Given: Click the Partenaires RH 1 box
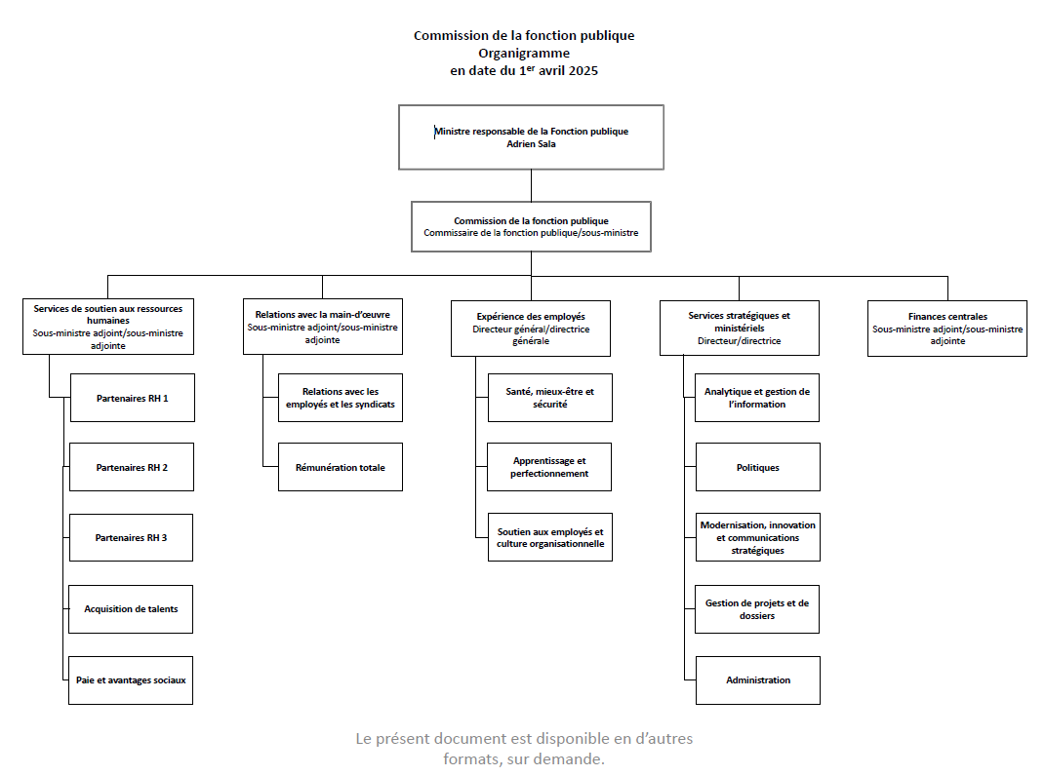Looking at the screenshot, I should [x=132, y=398].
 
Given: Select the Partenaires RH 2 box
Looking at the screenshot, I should [x=132, y=467].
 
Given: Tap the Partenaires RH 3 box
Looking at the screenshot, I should [x=131, y=537].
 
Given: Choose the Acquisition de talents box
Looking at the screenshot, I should [x=131, y=609].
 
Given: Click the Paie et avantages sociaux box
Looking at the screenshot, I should [x=131, y=679].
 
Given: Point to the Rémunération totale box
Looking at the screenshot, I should [x=340, y=467].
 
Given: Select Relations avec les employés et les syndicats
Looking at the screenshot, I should [x=340, y=398].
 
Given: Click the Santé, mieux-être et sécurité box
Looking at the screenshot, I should [x=549, y=398].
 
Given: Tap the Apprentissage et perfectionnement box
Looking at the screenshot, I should [x=549, y=467].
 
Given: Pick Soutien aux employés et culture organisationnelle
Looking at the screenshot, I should [x=549, y=537].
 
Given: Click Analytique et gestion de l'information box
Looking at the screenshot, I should [x=757, y=398].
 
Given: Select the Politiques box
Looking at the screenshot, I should [x=757, y=467].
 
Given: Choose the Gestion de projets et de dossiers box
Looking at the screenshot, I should [x=757, y=609].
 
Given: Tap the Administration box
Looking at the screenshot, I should [x=757, y=679].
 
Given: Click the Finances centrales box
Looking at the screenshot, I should [x=946, y=329].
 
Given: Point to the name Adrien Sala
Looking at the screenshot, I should [x=531, y=144].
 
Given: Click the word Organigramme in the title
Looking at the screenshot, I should [x=524, y=54].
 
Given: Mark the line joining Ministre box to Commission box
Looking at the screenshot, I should [x=531, y=185].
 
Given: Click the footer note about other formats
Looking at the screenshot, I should [x=524, y=749].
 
